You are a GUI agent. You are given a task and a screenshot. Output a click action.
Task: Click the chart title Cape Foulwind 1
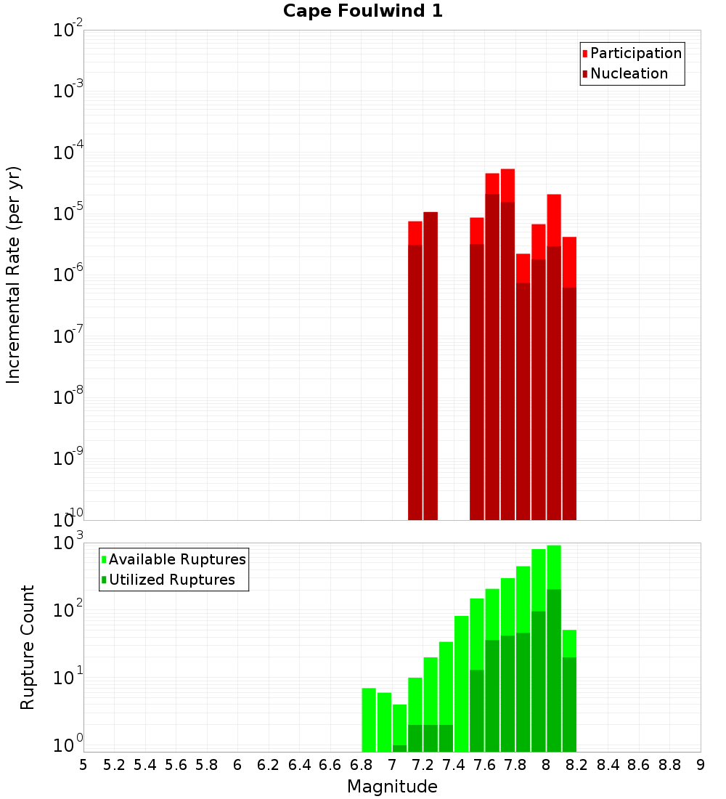pos(362,11)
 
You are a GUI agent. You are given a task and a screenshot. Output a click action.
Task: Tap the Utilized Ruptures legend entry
pos(171,580)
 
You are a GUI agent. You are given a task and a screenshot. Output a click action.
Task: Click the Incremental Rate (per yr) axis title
pos(14,275)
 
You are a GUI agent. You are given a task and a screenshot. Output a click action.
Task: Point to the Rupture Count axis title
pos(28,646)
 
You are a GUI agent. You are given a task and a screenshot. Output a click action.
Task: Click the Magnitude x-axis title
pos(392,787)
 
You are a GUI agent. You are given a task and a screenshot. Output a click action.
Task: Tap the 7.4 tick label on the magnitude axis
pos(454,765)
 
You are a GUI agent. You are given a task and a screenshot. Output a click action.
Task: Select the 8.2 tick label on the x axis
pos(577,765)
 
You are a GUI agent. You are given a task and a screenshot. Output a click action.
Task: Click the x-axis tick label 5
pos(83,765)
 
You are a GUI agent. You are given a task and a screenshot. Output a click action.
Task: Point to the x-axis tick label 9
pos(701,765)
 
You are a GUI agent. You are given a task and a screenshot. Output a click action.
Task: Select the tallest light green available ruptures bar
pos(554,567)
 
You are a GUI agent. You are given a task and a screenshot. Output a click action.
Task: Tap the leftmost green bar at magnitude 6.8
pos(369,719)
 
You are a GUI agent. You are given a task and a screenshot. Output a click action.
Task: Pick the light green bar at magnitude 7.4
pos(461,683)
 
